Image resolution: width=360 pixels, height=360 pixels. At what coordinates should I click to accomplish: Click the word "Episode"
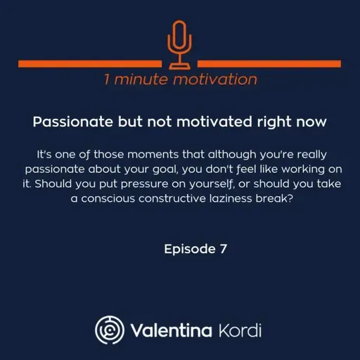pyautogui.click(x=187, y=248)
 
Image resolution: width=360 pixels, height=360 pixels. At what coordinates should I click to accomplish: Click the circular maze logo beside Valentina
pyautogui.click(x=109, y=329)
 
